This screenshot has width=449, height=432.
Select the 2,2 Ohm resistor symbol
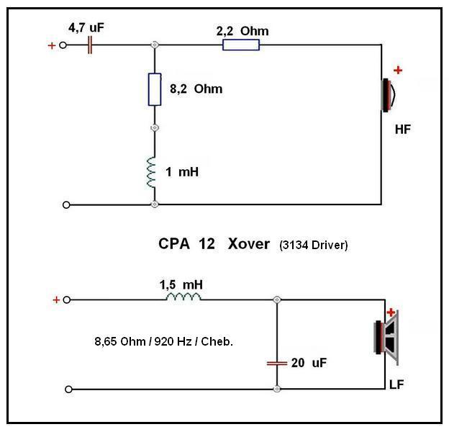(240, 45)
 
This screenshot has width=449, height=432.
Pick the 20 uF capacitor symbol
(276, 363)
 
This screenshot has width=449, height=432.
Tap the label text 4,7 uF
(86, 27)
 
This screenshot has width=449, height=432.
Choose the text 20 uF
(310, 364)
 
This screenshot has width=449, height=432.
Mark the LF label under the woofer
(395, 384)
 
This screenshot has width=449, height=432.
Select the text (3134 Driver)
(313, 246)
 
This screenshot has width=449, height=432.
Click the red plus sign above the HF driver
(398, 71)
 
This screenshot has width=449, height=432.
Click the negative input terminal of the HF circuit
(67, 204)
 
